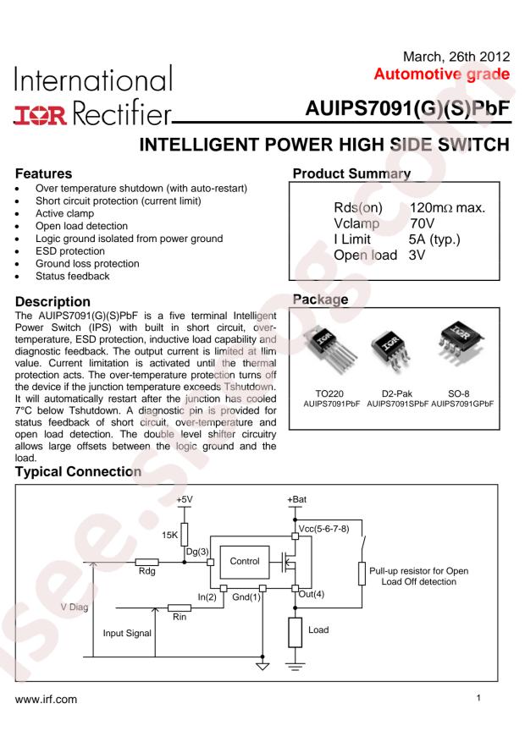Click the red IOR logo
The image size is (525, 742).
[41, 115]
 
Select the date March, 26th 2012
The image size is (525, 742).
[456, 57]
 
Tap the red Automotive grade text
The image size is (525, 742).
[442, 74]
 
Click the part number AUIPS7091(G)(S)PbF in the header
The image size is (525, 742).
[407, 108]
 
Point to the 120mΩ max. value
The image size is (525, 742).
[447, 208]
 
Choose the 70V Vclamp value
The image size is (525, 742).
[422, 223]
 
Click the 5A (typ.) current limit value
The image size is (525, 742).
[434, 239]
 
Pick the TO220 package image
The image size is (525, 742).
[329, 349]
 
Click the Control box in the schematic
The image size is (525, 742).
[244, 562]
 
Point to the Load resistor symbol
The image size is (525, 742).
[295, 632]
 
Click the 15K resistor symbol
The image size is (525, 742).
[184, 535]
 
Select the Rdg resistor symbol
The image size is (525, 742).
[146, 562]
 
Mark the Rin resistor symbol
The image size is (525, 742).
[180, 607]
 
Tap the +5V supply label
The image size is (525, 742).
[184, 499]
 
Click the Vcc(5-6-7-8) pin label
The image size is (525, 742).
[323, 529]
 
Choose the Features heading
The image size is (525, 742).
[43, 173]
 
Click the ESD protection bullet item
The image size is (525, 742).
[70, 251]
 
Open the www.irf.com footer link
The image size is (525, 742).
[46, 700]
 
